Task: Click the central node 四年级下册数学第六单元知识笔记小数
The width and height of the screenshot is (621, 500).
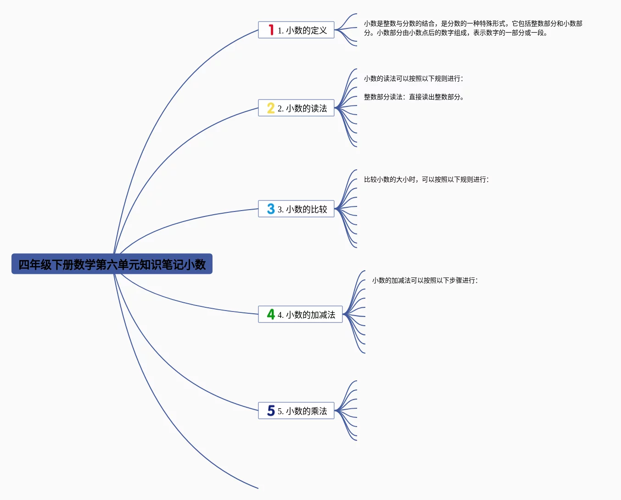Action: pos(112,264)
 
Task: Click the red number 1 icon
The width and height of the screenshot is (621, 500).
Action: pos(271,30)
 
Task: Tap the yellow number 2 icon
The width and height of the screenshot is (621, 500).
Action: pos(271,108)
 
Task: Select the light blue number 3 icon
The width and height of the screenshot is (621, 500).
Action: pos(271,209)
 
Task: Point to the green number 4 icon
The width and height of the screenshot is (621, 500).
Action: pos(271,315)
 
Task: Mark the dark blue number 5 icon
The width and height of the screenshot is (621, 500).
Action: pos(271,411)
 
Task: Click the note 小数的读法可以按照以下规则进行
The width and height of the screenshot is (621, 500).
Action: pos(413,79)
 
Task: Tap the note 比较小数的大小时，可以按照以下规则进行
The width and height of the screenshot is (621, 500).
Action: pos(426,180)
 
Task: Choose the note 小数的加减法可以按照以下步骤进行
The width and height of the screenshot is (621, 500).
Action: pos(425,281)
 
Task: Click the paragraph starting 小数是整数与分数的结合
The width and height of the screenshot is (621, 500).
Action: pos(473,28)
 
